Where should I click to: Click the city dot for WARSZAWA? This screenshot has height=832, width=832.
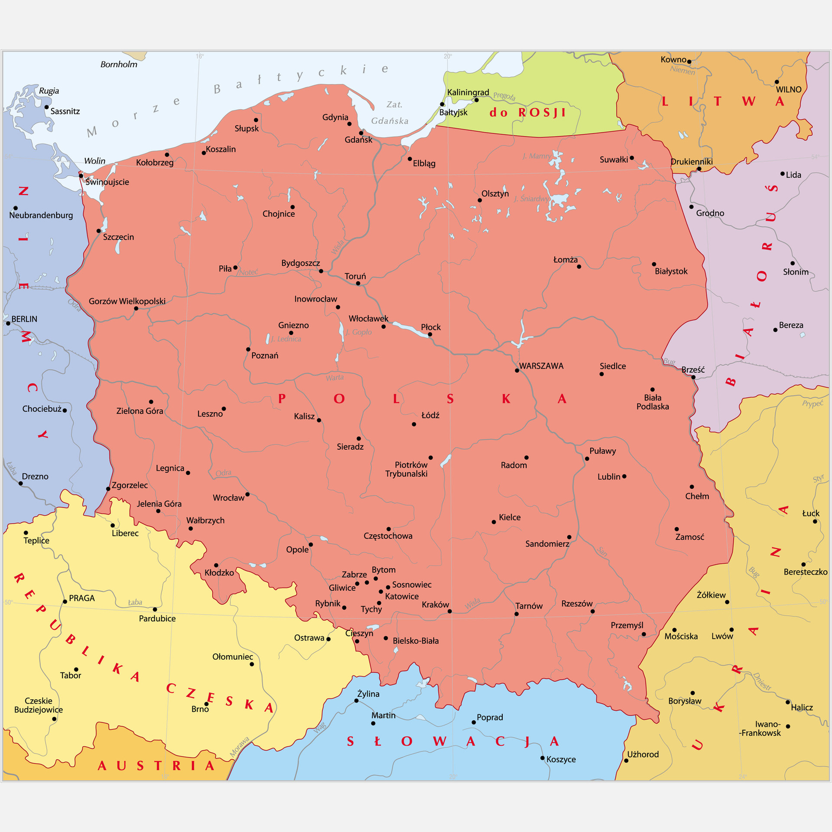pyautogui.click(x=517, y=371)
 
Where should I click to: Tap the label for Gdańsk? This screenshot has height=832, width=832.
pyautogui.click(x=358, y=140)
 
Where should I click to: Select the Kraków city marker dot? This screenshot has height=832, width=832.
pyautogui.click(x=449, y=612)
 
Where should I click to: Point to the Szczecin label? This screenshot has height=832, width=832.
pyautogui.click(x=118, y=237)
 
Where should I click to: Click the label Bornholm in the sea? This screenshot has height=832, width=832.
pyautogui.click(x=119, y=64)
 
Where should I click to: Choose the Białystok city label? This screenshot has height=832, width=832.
pyautogui.click(x=671, y=271)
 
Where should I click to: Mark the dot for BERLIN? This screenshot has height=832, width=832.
pyautogui.click(x=8, y=323)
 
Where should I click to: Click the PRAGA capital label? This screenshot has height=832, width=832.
pyautogui.click(x=82, y=599)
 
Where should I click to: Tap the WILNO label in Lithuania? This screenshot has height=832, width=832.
pyautogui.click(x=788, y=89)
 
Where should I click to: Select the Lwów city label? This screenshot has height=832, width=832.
pyautogui.click(x=722, y=636)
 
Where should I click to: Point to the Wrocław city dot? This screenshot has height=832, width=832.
pyautogui.click(x=248, y=495)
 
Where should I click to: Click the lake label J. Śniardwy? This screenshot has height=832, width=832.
pyautogui.click(x=531, y=199)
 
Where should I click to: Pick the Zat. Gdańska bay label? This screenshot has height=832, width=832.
pyautogui.click(x=390, y=113)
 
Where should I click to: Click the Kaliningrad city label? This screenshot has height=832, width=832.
pyautogui.click(x=468, y=93)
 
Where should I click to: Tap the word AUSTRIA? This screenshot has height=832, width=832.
pyautogui.click(x=156, y=766)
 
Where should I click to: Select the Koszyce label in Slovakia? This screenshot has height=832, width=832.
pyautogui.click(x=561, y=760)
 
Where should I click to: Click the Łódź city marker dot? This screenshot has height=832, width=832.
pyautogui.click(x=414, y=424)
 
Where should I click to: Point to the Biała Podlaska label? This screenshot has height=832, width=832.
pyautogui.click(x=653, y=402)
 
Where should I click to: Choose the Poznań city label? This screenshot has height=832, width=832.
pyautogui.click(x=265, y=356)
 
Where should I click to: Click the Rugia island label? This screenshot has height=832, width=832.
pyautogui.click(x=49, y=91)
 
